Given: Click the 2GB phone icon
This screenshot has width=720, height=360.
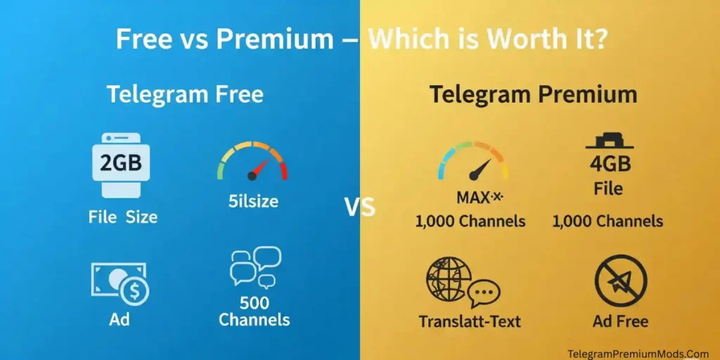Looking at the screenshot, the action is [121, 165].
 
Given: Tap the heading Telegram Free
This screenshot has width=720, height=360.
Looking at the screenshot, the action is [186, 95].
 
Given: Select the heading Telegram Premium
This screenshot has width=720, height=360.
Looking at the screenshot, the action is [534, 95].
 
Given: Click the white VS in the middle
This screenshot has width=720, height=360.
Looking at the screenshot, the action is [359, 207].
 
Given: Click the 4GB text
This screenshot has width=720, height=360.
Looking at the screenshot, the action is [610, 164].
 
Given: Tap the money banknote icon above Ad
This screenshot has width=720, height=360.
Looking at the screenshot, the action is [120, 284].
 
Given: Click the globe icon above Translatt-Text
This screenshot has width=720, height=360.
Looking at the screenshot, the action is [463, 282].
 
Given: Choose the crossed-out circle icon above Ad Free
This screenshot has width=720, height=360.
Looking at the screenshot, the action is [621, 281].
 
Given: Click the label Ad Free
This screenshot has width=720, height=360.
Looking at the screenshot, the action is [620, 321].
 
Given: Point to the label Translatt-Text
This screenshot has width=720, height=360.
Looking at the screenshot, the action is [470, 321].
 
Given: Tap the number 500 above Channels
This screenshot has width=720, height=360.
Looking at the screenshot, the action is [255, 302].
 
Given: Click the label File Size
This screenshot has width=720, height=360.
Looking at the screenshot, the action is [122, 217].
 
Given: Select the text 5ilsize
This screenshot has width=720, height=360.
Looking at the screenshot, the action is [253, 201].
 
